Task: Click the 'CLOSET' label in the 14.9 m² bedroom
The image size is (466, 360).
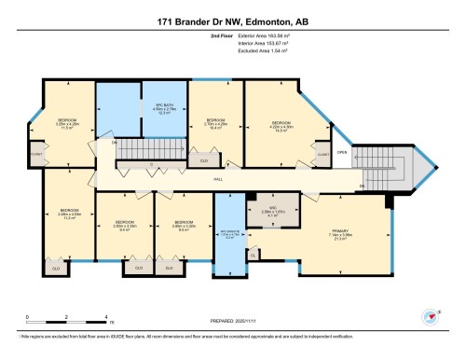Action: click(322, 153)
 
